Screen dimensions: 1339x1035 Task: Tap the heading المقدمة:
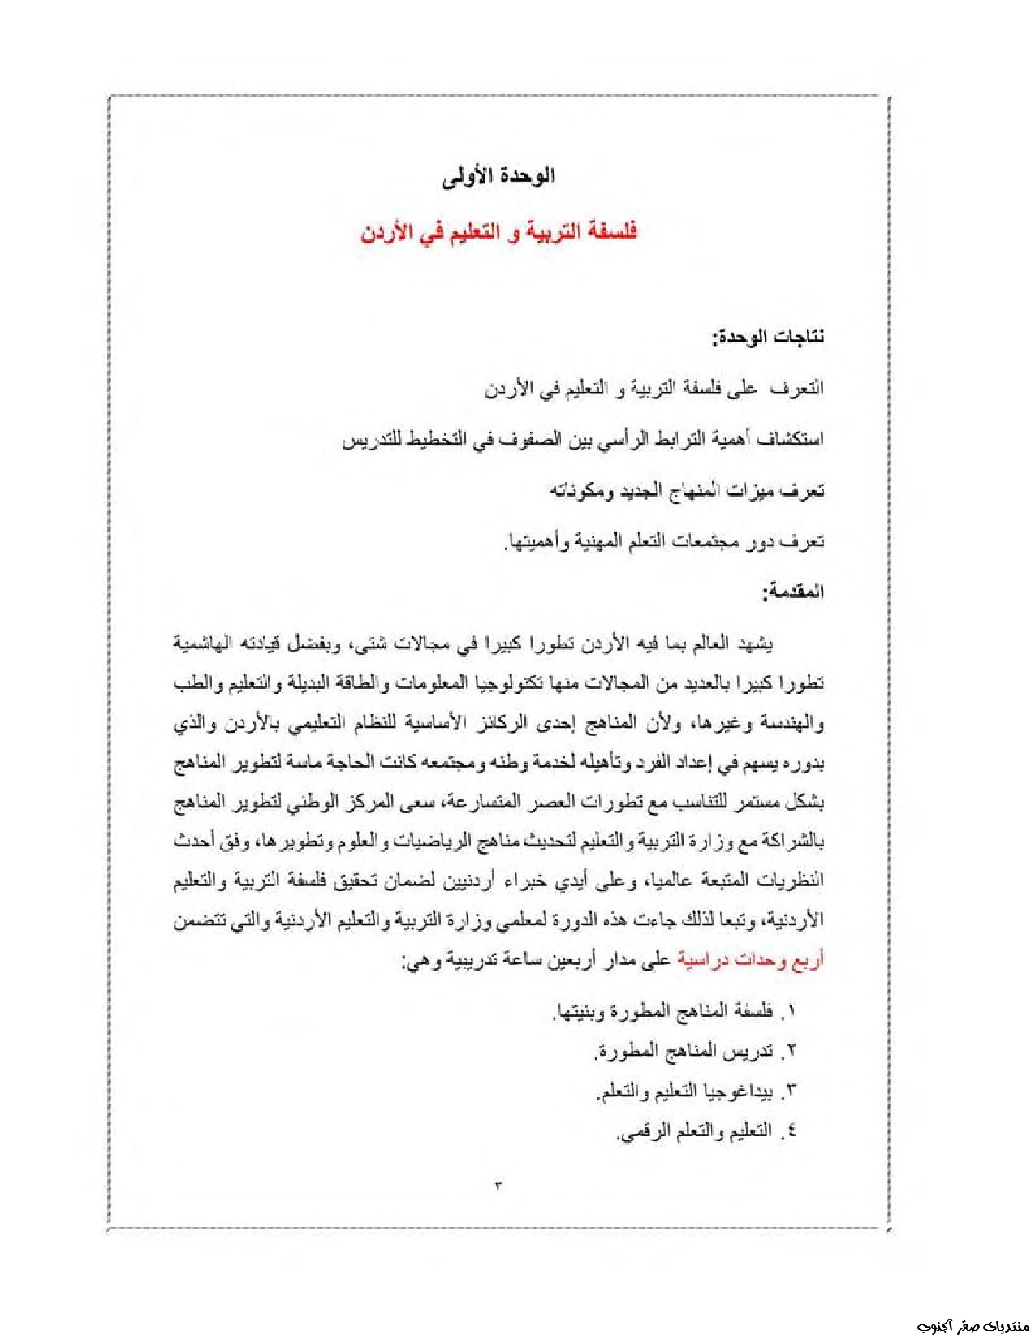point(793,592)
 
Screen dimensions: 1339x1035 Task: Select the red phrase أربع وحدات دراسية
point(750,960)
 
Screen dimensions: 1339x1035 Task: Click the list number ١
point(791,1011)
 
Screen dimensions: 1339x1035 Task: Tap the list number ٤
point(791,1131)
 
